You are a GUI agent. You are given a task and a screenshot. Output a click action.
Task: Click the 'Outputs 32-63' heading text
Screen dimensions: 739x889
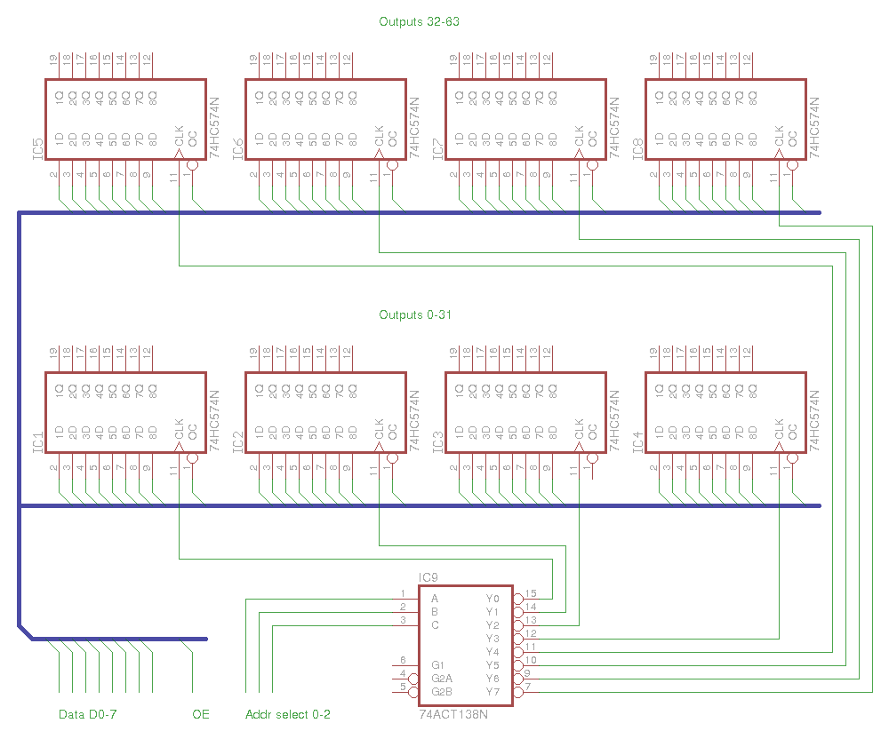(419, 21)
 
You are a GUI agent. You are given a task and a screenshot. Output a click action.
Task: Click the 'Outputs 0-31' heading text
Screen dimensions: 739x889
(415, 315)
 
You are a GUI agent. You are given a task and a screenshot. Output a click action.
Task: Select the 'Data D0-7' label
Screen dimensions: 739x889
(88, 714)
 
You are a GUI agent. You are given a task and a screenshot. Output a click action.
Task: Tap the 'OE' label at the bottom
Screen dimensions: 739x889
(201, 714)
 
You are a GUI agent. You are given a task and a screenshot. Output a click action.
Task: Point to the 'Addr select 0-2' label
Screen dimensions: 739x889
(288, 714)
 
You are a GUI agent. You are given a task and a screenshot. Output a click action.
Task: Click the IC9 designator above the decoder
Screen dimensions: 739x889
(428, 578)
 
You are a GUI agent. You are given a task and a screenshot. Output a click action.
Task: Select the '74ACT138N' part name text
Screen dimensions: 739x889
(453, 714)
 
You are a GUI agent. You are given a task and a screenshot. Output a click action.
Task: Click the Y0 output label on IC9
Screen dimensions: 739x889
(493, 599)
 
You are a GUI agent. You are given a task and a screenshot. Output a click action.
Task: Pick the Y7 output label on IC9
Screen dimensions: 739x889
(493, 692)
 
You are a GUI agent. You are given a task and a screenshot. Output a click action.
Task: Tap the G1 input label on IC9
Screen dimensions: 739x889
(438, 665)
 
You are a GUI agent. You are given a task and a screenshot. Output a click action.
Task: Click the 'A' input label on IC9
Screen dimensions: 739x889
(435, 599)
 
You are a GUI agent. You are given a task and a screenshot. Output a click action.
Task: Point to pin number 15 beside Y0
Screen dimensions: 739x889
(531, 593)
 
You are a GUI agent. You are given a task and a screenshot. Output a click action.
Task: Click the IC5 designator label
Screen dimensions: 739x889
(37, 149)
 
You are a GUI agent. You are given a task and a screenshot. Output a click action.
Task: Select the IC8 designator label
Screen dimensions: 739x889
(637, 149)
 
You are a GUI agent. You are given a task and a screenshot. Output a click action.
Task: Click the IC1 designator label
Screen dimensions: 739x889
(37, 442)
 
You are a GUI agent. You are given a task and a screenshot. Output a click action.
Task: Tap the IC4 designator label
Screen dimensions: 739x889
(637, 442)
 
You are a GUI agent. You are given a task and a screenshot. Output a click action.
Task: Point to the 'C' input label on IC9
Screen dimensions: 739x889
(435, 625)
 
